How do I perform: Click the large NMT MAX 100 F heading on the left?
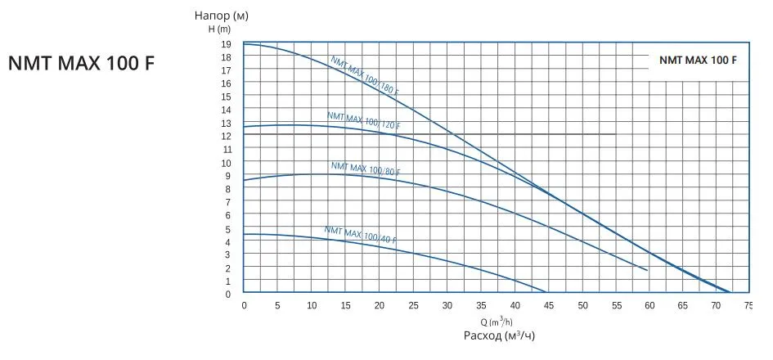coord(81,63)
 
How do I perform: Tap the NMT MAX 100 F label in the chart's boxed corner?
coord(698,61)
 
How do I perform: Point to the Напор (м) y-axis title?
coord(222,16)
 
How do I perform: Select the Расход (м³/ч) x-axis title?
coord(499,335)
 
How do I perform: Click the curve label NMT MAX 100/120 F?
coord(362,122)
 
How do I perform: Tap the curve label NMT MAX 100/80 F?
coord(366,169)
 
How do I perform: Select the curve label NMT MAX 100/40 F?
coord(361,235)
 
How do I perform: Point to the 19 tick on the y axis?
coord(226,44)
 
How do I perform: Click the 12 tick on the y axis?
coord(226,136)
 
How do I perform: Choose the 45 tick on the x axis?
coord(548,305)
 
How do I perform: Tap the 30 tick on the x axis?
coord(447,305)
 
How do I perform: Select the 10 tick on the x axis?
coord(312,305)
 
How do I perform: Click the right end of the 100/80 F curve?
coord(647,270)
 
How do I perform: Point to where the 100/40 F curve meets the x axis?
coord(546,292)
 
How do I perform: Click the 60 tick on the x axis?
coord(649,305)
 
